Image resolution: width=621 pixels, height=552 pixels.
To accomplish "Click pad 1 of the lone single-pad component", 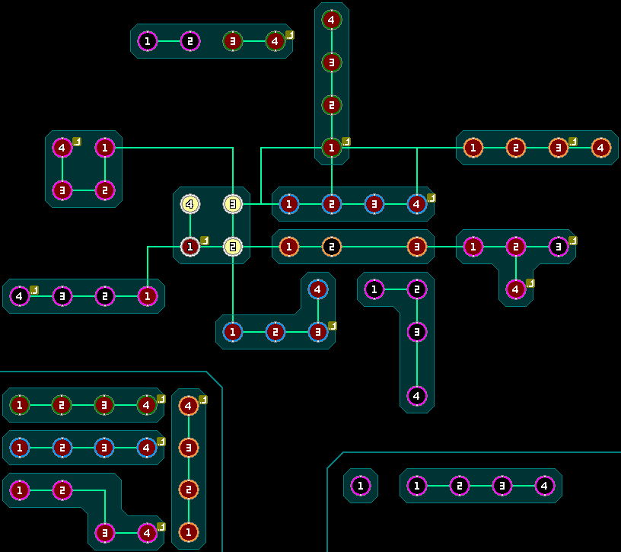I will click(361, 485).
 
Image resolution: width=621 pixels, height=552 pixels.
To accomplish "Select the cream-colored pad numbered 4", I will click(190, 204).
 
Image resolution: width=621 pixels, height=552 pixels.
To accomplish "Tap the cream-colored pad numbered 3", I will click(233, 204).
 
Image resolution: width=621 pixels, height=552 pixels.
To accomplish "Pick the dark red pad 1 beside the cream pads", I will click(190, 247).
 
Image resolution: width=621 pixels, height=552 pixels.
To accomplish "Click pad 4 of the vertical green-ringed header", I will click(332, 20).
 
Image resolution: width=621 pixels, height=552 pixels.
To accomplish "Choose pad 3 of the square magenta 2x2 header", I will click(62, 190).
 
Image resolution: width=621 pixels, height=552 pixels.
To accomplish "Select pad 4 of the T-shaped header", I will click(516, 289).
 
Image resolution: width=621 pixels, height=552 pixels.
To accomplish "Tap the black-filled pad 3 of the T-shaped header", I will click(559, 247).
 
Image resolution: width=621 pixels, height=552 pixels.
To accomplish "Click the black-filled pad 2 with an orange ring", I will click(332, 247).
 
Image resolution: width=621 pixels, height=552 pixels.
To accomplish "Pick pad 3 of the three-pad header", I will click(417, 247).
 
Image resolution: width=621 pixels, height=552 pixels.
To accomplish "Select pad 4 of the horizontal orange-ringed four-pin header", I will click(601, 148).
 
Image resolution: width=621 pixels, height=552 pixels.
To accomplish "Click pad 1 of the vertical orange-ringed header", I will click(189, 531).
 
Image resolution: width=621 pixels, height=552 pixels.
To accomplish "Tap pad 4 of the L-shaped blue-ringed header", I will click(318, 289).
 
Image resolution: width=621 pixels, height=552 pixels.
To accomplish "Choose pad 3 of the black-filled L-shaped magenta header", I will click(417, 332).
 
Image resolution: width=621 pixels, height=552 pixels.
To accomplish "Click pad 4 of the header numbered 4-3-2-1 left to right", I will click(20, 295).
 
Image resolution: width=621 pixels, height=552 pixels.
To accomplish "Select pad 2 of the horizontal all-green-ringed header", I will click(62, 405).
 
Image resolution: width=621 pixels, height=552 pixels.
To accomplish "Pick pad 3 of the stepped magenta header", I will click(105, 531).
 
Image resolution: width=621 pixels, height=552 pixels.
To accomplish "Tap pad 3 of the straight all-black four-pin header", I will click(502, 485).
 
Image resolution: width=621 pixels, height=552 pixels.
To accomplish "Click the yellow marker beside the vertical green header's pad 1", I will click(346, 142).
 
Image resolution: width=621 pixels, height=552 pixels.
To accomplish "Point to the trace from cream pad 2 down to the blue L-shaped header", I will click(233, 286).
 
